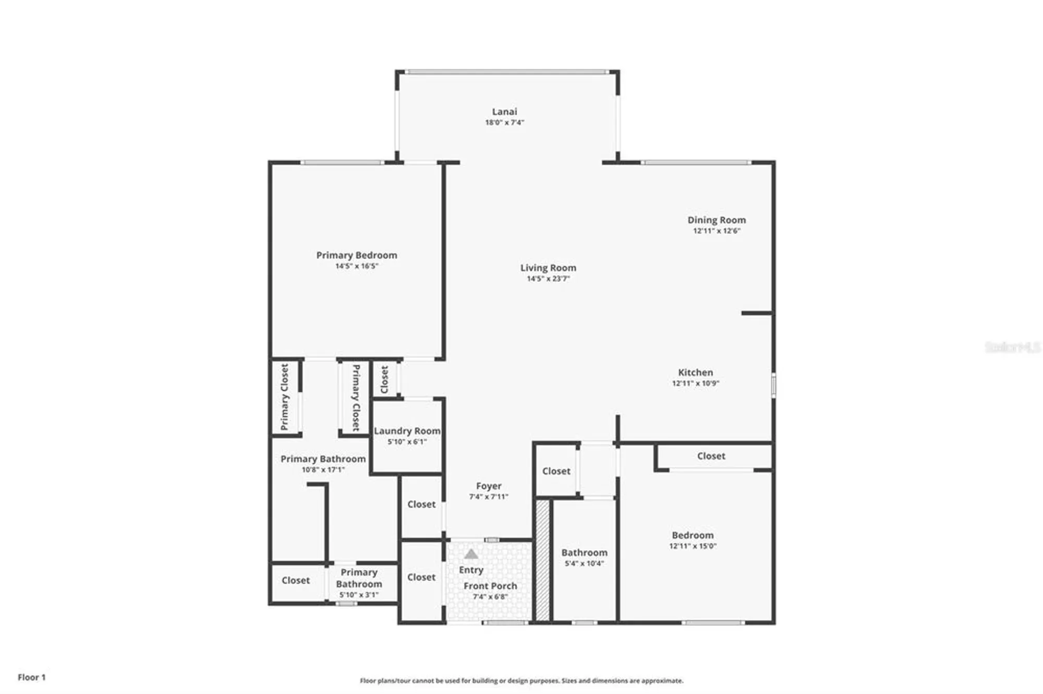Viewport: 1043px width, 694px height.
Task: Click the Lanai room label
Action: point(504,111)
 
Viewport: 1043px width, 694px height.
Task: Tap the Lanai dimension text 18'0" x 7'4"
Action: point(504,122)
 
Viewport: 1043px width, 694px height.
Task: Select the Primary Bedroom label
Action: point(357,255)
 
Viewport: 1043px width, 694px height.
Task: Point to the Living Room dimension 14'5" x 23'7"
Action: point(548,279)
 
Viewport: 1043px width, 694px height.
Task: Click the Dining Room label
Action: point(717,220)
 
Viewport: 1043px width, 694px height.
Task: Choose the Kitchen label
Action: point(695,373)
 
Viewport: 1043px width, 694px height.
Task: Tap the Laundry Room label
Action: point(407,431)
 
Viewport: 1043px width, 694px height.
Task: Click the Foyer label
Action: point(489,486)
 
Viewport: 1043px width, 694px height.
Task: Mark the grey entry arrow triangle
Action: point(471,554)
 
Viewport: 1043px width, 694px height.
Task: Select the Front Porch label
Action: point(490,586)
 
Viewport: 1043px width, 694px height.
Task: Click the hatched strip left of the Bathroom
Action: point(543,561)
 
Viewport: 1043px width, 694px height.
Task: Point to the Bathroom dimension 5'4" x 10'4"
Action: point(584,563)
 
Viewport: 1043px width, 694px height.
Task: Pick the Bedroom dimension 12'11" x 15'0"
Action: point(693,546)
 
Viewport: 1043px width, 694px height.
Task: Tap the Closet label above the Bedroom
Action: point(711,456)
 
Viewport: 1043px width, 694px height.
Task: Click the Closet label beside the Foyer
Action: point(421,504)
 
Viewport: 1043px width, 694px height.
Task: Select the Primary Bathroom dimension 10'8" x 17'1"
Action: point(323,469)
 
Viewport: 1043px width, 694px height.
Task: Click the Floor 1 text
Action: point(32,677)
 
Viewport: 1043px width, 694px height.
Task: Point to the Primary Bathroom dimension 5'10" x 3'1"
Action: point(359,594)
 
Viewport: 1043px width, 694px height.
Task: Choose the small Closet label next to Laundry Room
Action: point(385,379)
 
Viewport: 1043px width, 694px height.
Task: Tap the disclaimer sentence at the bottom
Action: point(521,680)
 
